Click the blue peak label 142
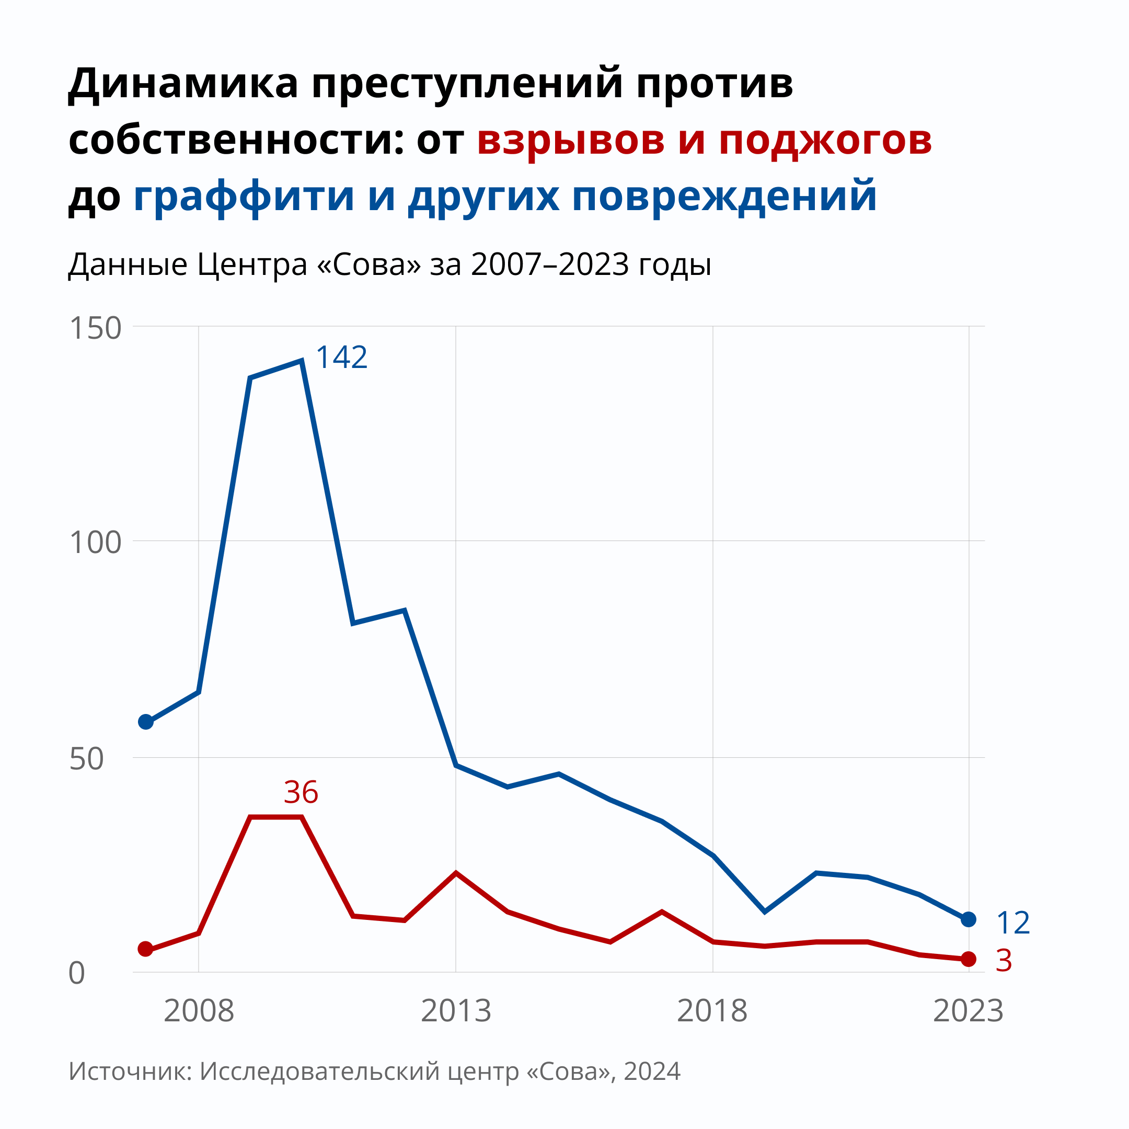[341, 357]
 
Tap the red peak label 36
[301, 792]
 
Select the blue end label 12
[1013, 923]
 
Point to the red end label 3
[1004, 961]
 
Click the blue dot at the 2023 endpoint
[969, 919]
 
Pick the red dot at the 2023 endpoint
[969, 959]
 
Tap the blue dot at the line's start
[145, 722]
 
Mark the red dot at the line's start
[145, 950]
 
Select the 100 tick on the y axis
[95, 543]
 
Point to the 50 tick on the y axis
[86, 759]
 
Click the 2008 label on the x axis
[199, 1011]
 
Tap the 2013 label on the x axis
[456, 1011]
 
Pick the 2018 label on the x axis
[712, 1011]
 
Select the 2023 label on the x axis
[969, 1011]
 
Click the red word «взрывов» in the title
[571, 140]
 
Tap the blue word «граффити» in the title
[244, 197]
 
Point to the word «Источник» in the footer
[130, 1071]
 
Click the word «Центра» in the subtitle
[252, 264]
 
